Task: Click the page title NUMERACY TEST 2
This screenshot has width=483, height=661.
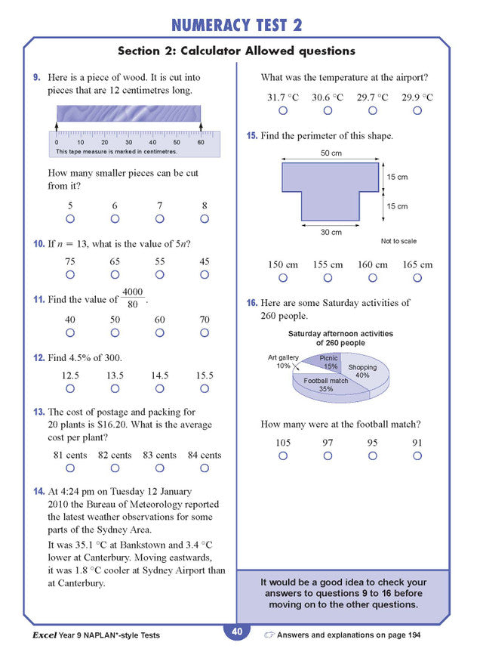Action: [236, 24]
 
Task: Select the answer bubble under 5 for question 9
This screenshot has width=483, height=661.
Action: [70, 219]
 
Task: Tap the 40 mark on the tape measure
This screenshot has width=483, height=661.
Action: [152, 142]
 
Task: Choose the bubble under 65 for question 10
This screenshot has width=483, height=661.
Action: [115, 275]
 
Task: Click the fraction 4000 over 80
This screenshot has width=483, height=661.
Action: [132, 298]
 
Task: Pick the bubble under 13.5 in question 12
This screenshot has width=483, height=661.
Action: [115, 389]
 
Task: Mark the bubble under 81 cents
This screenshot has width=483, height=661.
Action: [70, 469]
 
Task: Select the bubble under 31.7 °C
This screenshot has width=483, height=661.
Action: [283, 111]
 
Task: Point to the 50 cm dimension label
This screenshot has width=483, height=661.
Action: [331, 153]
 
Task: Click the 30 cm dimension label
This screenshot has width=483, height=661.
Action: [331, 232]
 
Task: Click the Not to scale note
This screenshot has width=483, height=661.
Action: [398, 242]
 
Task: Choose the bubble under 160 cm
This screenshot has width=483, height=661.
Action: [373, 278]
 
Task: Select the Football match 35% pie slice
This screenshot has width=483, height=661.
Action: [327, 384]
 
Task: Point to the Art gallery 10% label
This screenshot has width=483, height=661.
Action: [283, 362]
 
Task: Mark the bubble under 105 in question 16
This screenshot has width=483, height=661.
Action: [283, 456]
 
